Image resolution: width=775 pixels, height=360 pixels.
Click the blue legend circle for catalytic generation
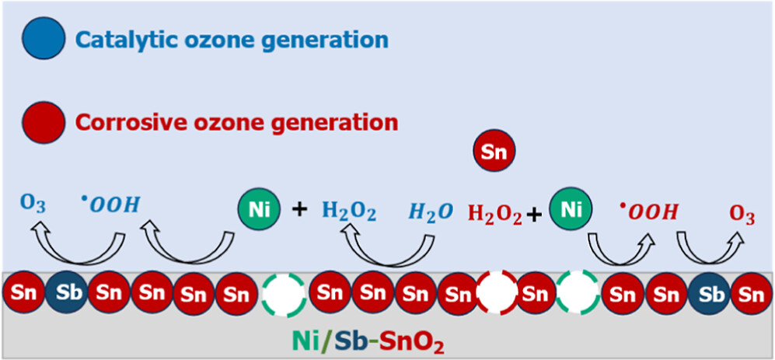pyautogui.click(x=44, y=39)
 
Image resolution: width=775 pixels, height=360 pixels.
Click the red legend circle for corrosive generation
pyautogui.click(x=44, y=122)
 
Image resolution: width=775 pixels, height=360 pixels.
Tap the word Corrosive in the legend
pyautogui.click(x=120, y=122)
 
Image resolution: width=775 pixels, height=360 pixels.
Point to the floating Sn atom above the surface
pyautogui.click(x=494, y=152)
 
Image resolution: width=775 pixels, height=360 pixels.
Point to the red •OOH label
pyautogui.click(x=648, y=211)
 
